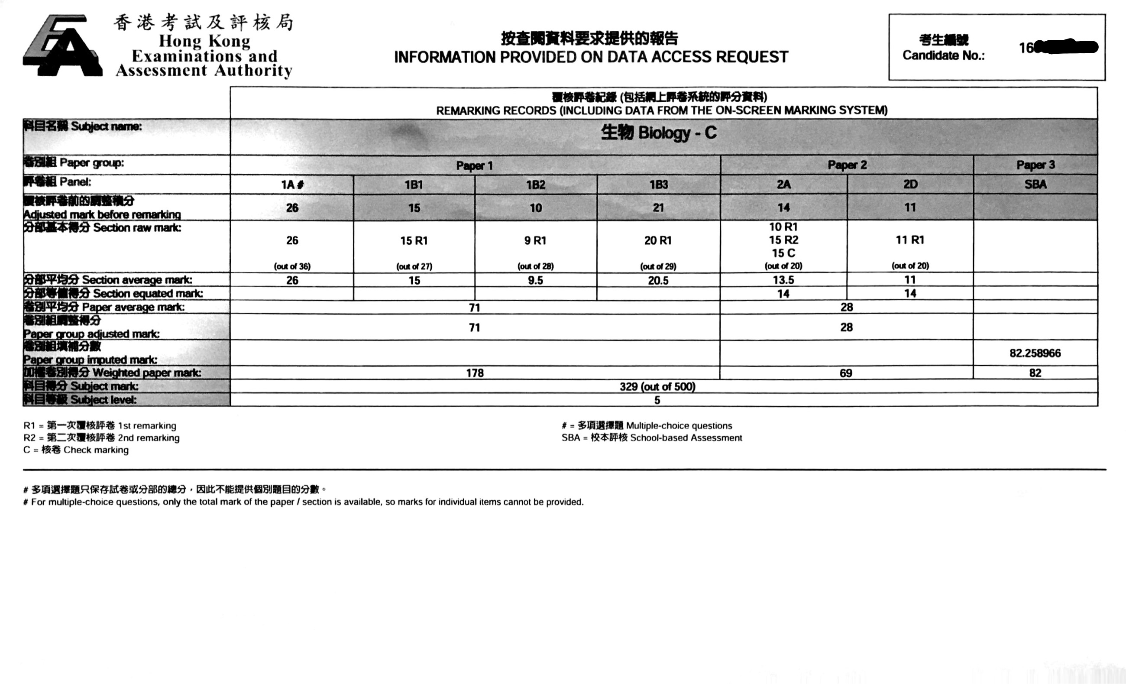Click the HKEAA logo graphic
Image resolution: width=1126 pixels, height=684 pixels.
coord(63,46)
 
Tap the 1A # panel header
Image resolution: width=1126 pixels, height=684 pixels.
coord(292,185)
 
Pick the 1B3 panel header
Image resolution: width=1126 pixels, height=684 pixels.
coord(659,184)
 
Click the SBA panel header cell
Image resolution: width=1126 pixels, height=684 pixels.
coord(1035,184)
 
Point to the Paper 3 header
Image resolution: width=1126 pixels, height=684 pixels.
coord(1035,165)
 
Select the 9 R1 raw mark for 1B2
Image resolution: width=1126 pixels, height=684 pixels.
coord(535,240)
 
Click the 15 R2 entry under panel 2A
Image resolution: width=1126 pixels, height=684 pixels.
coord(783,240)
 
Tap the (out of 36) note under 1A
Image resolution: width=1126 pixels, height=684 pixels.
coord(292,266)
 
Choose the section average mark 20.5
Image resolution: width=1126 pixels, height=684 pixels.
coord(658,280)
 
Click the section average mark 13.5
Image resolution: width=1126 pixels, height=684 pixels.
coord(783,280)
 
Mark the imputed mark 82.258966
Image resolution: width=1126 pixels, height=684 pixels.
coord(1035,353)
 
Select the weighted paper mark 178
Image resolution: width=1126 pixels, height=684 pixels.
coord(475,373)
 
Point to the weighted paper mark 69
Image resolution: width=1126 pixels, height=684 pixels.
coord(846,373)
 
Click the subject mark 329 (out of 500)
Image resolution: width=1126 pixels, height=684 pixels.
coord(657,387)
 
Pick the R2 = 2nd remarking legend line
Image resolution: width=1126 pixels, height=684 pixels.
coord(101,438)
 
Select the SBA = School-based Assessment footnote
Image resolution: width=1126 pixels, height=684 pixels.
coord(652,438)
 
